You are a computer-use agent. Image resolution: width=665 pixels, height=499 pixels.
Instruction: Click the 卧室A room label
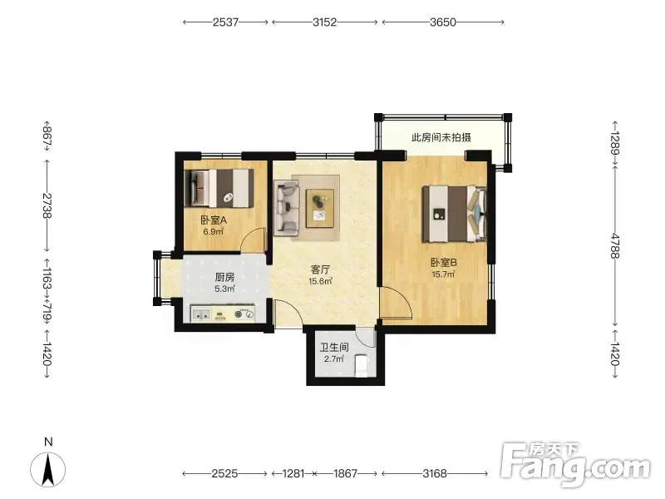click(214, 220)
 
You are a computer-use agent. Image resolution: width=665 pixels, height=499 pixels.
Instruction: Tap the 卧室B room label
click(444, 263)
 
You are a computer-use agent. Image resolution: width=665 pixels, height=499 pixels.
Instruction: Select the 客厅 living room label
click(320, 269)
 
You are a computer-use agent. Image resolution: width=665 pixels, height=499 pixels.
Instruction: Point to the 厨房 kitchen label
click(224, 278)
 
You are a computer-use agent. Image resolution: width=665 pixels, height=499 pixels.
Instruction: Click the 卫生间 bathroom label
click(334, 348)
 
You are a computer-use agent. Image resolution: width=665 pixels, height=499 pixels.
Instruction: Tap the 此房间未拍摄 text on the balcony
click(441, 137)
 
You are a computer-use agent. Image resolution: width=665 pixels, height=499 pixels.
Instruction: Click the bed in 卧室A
click(219, 189)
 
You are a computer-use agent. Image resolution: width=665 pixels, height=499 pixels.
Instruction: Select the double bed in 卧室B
click(453, 214)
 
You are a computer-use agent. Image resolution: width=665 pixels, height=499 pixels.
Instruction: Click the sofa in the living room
click(286, 208)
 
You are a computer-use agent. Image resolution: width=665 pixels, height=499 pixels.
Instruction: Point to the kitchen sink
click(201, 314)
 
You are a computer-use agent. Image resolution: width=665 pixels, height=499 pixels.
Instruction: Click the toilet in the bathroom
click(361, 366)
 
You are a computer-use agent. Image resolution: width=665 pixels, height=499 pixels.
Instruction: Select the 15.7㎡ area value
click(443, 274)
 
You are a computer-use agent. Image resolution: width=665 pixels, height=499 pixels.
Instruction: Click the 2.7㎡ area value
click(334, 359)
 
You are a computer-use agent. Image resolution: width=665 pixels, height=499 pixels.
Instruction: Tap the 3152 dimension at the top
click(325, 22)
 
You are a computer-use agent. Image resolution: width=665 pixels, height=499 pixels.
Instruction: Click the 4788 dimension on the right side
click(615, 245)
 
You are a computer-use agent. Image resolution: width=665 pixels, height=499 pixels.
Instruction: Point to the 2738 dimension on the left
click(47, 205)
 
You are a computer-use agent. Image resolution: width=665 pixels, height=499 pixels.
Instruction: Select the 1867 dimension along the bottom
click(346, 473)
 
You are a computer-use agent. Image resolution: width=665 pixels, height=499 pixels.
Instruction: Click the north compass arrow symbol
click(48, 469)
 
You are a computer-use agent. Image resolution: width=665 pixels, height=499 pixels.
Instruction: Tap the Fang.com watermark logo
click(574, 465)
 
